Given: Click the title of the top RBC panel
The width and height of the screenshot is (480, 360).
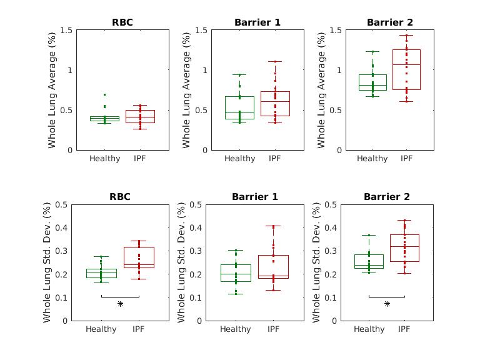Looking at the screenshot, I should tap(122, 23).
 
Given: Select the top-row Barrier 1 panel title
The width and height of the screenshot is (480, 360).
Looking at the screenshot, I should tap(257, 23).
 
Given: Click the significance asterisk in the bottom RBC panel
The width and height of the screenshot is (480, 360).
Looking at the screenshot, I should tap(120, 304).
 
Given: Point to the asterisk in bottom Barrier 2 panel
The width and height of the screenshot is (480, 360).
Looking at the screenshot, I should tap(387, 304).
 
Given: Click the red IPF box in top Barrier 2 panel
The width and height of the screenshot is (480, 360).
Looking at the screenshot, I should tap(407, 69).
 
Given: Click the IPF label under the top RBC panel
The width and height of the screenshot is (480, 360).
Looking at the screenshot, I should tap(140, 159).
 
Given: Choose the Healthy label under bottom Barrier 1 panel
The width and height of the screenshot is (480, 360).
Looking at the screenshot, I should tap(236, 329).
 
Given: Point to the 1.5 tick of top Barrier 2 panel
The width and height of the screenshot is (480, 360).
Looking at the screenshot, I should tap(335, 30).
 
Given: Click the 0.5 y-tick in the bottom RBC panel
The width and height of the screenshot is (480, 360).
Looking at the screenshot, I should tap(62, 204).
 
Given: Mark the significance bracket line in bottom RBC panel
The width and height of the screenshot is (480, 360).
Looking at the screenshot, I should tap(120, 296).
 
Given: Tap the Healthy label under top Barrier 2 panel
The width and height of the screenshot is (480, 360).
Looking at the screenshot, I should tap(372, 159).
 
